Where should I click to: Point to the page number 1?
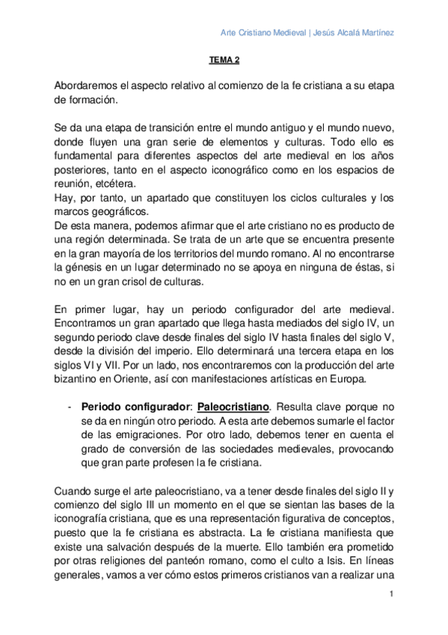click(x=391, y=595)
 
